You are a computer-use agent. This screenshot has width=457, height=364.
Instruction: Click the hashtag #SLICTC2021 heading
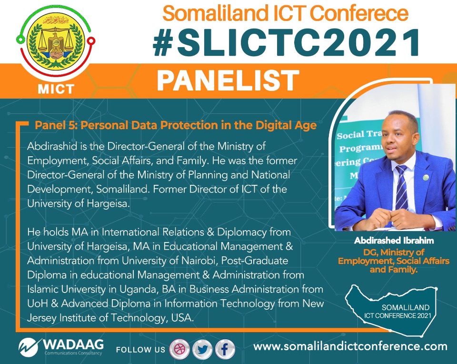(287, 43)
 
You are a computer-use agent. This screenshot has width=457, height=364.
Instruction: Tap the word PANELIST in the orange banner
(228, 81)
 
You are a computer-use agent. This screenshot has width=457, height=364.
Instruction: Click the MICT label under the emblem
(56, 89)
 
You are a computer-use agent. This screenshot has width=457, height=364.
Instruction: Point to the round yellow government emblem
(56, 42)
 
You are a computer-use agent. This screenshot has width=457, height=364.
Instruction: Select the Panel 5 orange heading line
(176, 125)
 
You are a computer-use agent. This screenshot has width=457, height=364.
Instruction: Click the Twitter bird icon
(202, 349)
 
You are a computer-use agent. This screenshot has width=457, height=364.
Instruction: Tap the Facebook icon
(225, 349)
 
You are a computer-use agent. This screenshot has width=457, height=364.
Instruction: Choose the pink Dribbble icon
(179, 349)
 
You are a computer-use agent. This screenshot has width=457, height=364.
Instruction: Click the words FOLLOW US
(140, 349)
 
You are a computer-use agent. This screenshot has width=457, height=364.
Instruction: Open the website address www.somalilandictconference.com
(350, 346)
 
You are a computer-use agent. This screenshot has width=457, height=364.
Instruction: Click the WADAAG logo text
(73, 344)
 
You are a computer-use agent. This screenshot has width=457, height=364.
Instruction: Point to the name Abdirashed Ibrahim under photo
(394, 241)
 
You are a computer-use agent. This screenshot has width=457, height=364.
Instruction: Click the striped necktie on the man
(402, 187)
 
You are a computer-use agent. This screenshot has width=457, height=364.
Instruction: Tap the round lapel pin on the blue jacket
(426, 177)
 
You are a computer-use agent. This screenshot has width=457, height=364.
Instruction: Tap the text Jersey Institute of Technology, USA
(110, 318)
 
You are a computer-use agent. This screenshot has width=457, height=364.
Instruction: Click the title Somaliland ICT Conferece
(285, 13)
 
